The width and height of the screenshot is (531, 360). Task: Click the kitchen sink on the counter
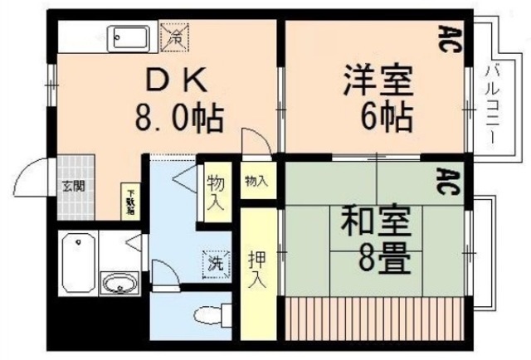coord(130,37)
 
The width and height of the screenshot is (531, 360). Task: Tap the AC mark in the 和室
coord(449,180)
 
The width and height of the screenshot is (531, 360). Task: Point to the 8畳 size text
coord(385,258)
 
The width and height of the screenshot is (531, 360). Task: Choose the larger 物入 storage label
coord(215,191)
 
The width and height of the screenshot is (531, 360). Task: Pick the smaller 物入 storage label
coord(256,182)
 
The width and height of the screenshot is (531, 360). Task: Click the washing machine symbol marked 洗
coord(215,265)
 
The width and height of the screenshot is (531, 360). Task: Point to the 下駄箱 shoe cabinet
coord(130,199)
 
